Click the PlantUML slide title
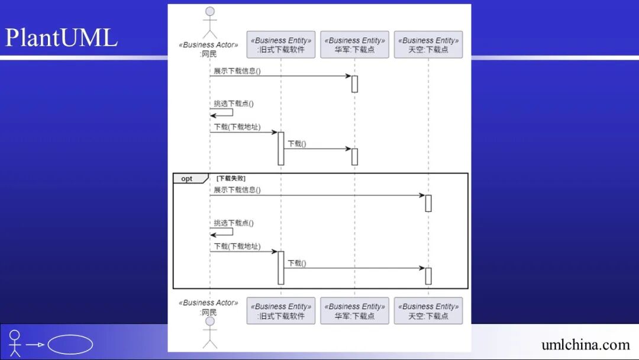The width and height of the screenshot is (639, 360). [x=62, y=38]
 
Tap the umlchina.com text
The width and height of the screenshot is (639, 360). [x=585, y=345]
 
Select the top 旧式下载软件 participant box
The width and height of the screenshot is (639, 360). [x=281, y=45]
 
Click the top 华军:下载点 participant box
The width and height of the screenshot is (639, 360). [x=354, y=45]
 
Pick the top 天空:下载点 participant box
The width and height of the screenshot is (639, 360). [x=428, y=45]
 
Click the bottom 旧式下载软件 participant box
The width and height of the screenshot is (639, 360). [x=281, y=311]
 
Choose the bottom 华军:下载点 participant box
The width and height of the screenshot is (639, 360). [x=354, y=311]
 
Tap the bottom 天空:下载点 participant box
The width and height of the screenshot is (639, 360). [x=428, y=311]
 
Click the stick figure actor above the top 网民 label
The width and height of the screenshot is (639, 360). [x=209, y=22]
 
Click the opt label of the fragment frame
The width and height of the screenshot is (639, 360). [x=187, y=179]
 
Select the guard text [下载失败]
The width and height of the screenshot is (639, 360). [x=231, y=178]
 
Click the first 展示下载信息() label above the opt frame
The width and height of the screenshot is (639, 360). [x=237, y=71]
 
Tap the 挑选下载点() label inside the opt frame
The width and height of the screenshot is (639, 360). [x=234, y=223]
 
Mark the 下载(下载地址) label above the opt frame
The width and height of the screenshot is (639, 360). [x=237, y=127]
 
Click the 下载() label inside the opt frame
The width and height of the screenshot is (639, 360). [x=297, y=263]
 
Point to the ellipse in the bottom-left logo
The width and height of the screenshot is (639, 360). [x=70, y=345]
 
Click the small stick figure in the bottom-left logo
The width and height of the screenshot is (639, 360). [x=15, y=343]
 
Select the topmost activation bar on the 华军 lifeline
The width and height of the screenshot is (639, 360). [x=354, y=84]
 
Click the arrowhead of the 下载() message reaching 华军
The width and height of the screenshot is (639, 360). [x=348, y=149]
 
